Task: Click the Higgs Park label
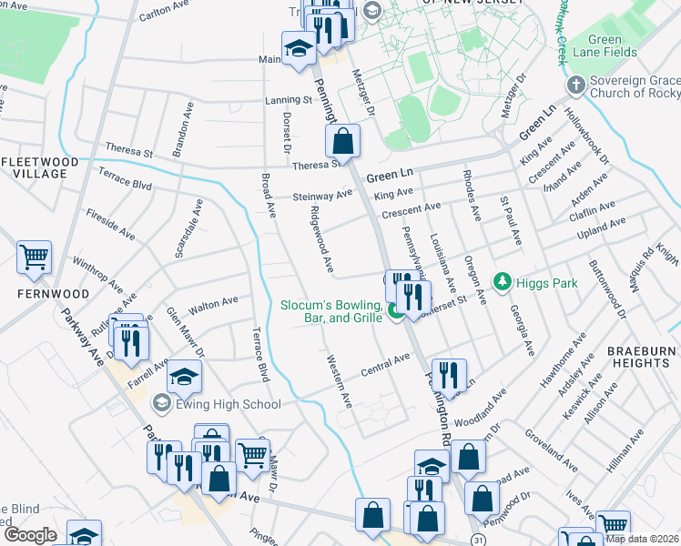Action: (546, 283)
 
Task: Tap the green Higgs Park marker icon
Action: (500, 283)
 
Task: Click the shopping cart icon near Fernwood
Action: (34, 258)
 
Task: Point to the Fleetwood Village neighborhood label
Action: (34, 167)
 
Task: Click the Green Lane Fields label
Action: (618, 46)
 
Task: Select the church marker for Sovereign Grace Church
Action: (574, 86)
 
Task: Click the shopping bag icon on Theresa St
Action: (343, 142)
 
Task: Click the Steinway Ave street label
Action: (322, 196)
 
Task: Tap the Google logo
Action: (30, 535)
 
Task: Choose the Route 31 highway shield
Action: (477, 541)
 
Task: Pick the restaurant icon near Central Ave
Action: (449, 375)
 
